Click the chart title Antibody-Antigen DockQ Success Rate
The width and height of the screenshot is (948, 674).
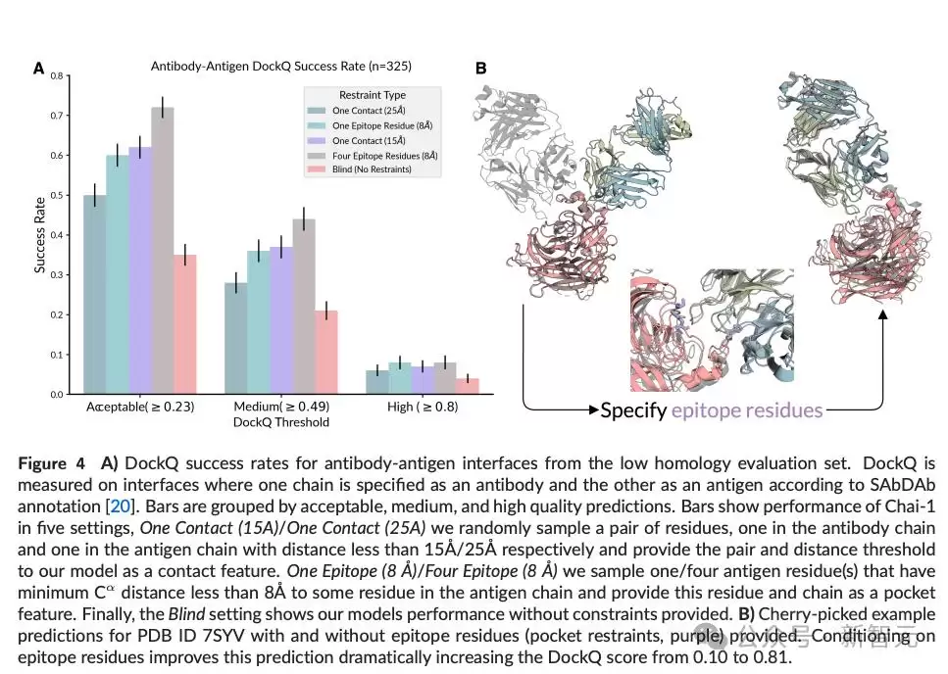[280, 66]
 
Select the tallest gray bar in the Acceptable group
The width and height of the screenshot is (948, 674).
[163, 251]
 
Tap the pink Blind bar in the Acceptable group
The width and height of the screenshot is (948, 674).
[185, 324]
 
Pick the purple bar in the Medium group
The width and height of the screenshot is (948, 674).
[281, 320]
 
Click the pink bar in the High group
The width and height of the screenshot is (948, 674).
[468, 387]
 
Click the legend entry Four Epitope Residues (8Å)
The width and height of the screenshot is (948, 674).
[373, 156]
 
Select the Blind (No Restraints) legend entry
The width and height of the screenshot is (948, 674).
[360, 169]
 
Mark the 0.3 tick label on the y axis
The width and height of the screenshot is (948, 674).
[58, 275]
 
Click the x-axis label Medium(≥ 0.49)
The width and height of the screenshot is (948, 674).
[281, 407]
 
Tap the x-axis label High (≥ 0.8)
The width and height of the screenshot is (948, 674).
[423, 407]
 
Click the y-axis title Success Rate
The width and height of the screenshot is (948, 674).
[40, 235]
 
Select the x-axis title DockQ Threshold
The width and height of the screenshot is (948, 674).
[281, 422]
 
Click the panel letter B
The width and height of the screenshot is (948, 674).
[480, 69]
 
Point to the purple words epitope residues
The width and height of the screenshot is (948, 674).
[747, 410]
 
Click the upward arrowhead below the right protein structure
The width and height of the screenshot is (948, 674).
[882, 314]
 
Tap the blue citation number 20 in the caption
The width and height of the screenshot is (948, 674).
[121, 506]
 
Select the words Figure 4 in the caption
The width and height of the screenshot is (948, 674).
[51, 463]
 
